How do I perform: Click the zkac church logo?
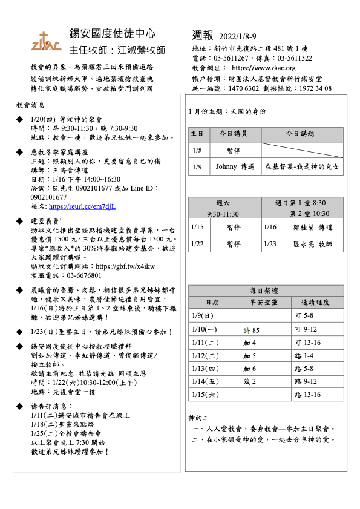click(46, 41)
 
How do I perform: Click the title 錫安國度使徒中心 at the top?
click(113, 33)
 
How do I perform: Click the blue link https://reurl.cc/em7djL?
click(82, 206)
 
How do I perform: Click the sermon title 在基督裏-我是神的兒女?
click(302, 166)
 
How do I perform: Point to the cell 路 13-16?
click(306, 395)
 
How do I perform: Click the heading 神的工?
click(199, 418)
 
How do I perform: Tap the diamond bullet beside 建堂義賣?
click(21, 222)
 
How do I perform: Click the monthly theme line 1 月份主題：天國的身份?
click(227, 112)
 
